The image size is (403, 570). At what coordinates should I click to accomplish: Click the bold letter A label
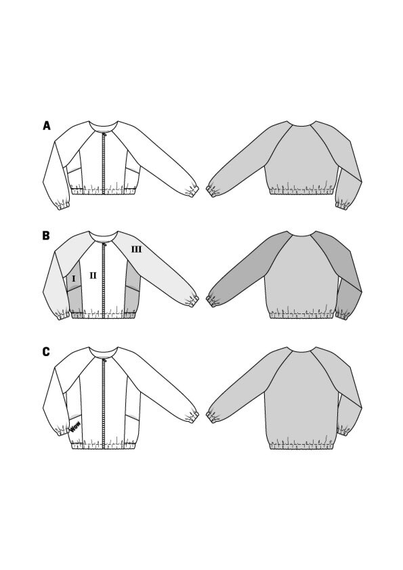pyautogui.click(x=47, y=126)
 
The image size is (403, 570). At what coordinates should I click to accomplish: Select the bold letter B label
pyautogui.click(x=46, y=236)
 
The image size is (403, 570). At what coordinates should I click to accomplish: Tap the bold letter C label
pyautogui.click(x=46, y=352)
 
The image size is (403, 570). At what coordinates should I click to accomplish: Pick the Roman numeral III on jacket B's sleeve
pyautogui.click(x=136, y=249)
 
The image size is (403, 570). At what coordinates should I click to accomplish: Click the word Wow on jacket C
pyautogui.click(x=75, y=426)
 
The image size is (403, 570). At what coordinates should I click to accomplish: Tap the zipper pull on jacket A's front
pyautogui.click(x=105, y=135)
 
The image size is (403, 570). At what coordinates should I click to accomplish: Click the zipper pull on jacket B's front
pyautogui.click(x=105, y=244)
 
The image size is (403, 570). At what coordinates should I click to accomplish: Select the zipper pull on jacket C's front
pyautogui.click(x=105, y=361)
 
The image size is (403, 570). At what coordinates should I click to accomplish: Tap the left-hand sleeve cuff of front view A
pyautogui.click(x=63, y=206)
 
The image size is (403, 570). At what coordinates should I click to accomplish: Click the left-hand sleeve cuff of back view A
pyautogui.click(x=211, y=191)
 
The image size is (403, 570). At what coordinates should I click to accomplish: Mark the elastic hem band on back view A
pyautogui.click(x=302, y=191)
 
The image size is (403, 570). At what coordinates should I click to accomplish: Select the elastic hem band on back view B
pyautogui.click(x=302, y=315)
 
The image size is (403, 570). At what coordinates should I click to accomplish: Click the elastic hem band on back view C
pyautogui.click(x=302, y=445)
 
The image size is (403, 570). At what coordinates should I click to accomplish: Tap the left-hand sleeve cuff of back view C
pyautogui.click(x=211, y=417)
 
